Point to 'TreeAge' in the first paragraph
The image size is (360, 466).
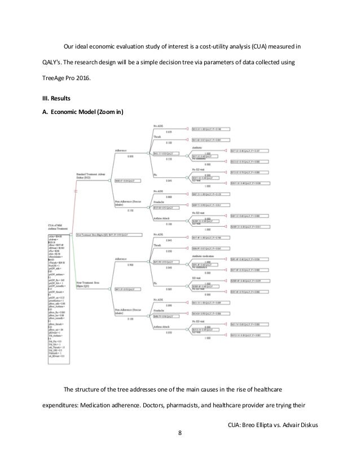tap(48, 81)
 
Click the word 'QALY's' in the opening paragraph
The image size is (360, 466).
tap(47, 61)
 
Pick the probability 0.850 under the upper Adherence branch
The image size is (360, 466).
tap(130, 156)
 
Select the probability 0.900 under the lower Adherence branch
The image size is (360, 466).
tap(130, 265)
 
